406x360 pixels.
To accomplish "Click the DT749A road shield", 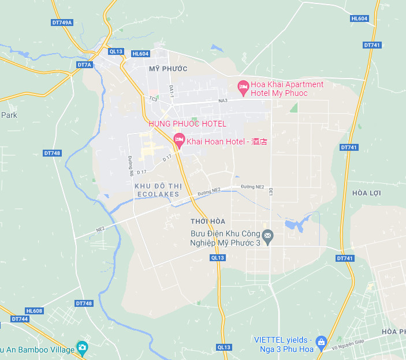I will [x=62, y=23].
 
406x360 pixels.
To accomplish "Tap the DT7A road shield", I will [x=84, y=65].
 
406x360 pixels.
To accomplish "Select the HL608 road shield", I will [x=34, y=311].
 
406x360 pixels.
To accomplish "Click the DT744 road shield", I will [x=20, y=319].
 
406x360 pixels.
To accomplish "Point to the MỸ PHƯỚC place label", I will [x=168, y=69].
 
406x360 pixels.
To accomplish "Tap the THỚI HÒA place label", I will [x=207, y=222].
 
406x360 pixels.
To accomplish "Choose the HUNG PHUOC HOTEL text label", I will [x=187, y=124].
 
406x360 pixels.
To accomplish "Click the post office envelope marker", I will [x=267, y=236].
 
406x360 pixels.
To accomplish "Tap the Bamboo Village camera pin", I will [x=83, y=348].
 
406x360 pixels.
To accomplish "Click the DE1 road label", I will [x=270, y=191].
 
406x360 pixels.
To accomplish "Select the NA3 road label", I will [x=223, y=101].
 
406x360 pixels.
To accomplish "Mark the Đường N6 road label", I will [x=131, y=166].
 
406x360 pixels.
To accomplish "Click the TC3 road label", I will [x=153, y=99].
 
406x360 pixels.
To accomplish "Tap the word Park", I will [x=9, y=115].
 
